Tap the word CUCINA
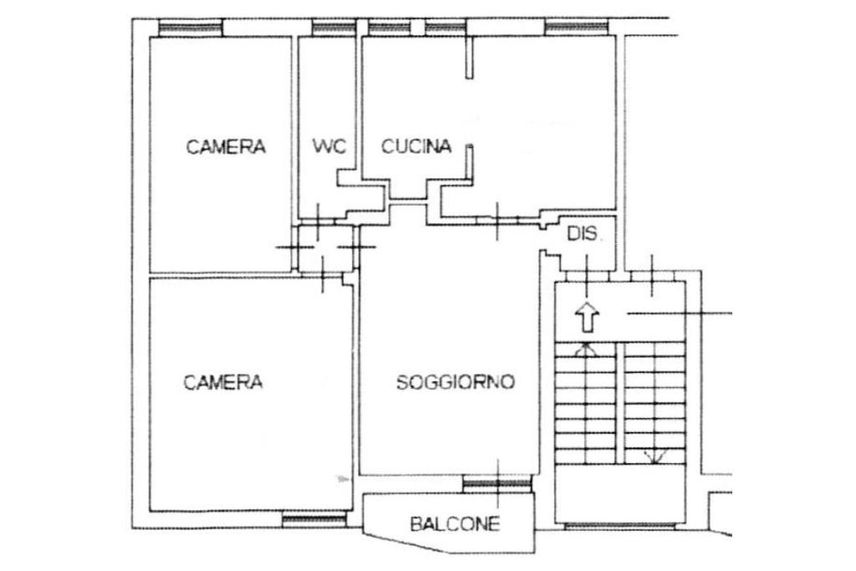tap(416, 146)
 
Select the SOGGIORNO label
tap(455, 383)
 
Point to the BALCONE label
tap(455, 525)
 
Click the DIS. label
tap(583, 235)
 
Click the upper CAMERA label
tap(226, 147)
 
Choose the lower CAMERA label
tap(223, 383)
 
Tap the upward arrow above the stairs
tap(588, 317)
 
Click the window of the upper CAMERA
tap(191, 28)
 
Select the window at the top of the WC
tap(334, 28)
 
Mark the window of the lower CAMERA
tap(314, 520)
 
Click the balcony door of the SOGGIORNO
tap(497, 482)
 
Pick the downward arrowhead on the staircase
tap(655, 456)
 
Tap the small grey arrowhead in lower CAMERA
tap(341, 479)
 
